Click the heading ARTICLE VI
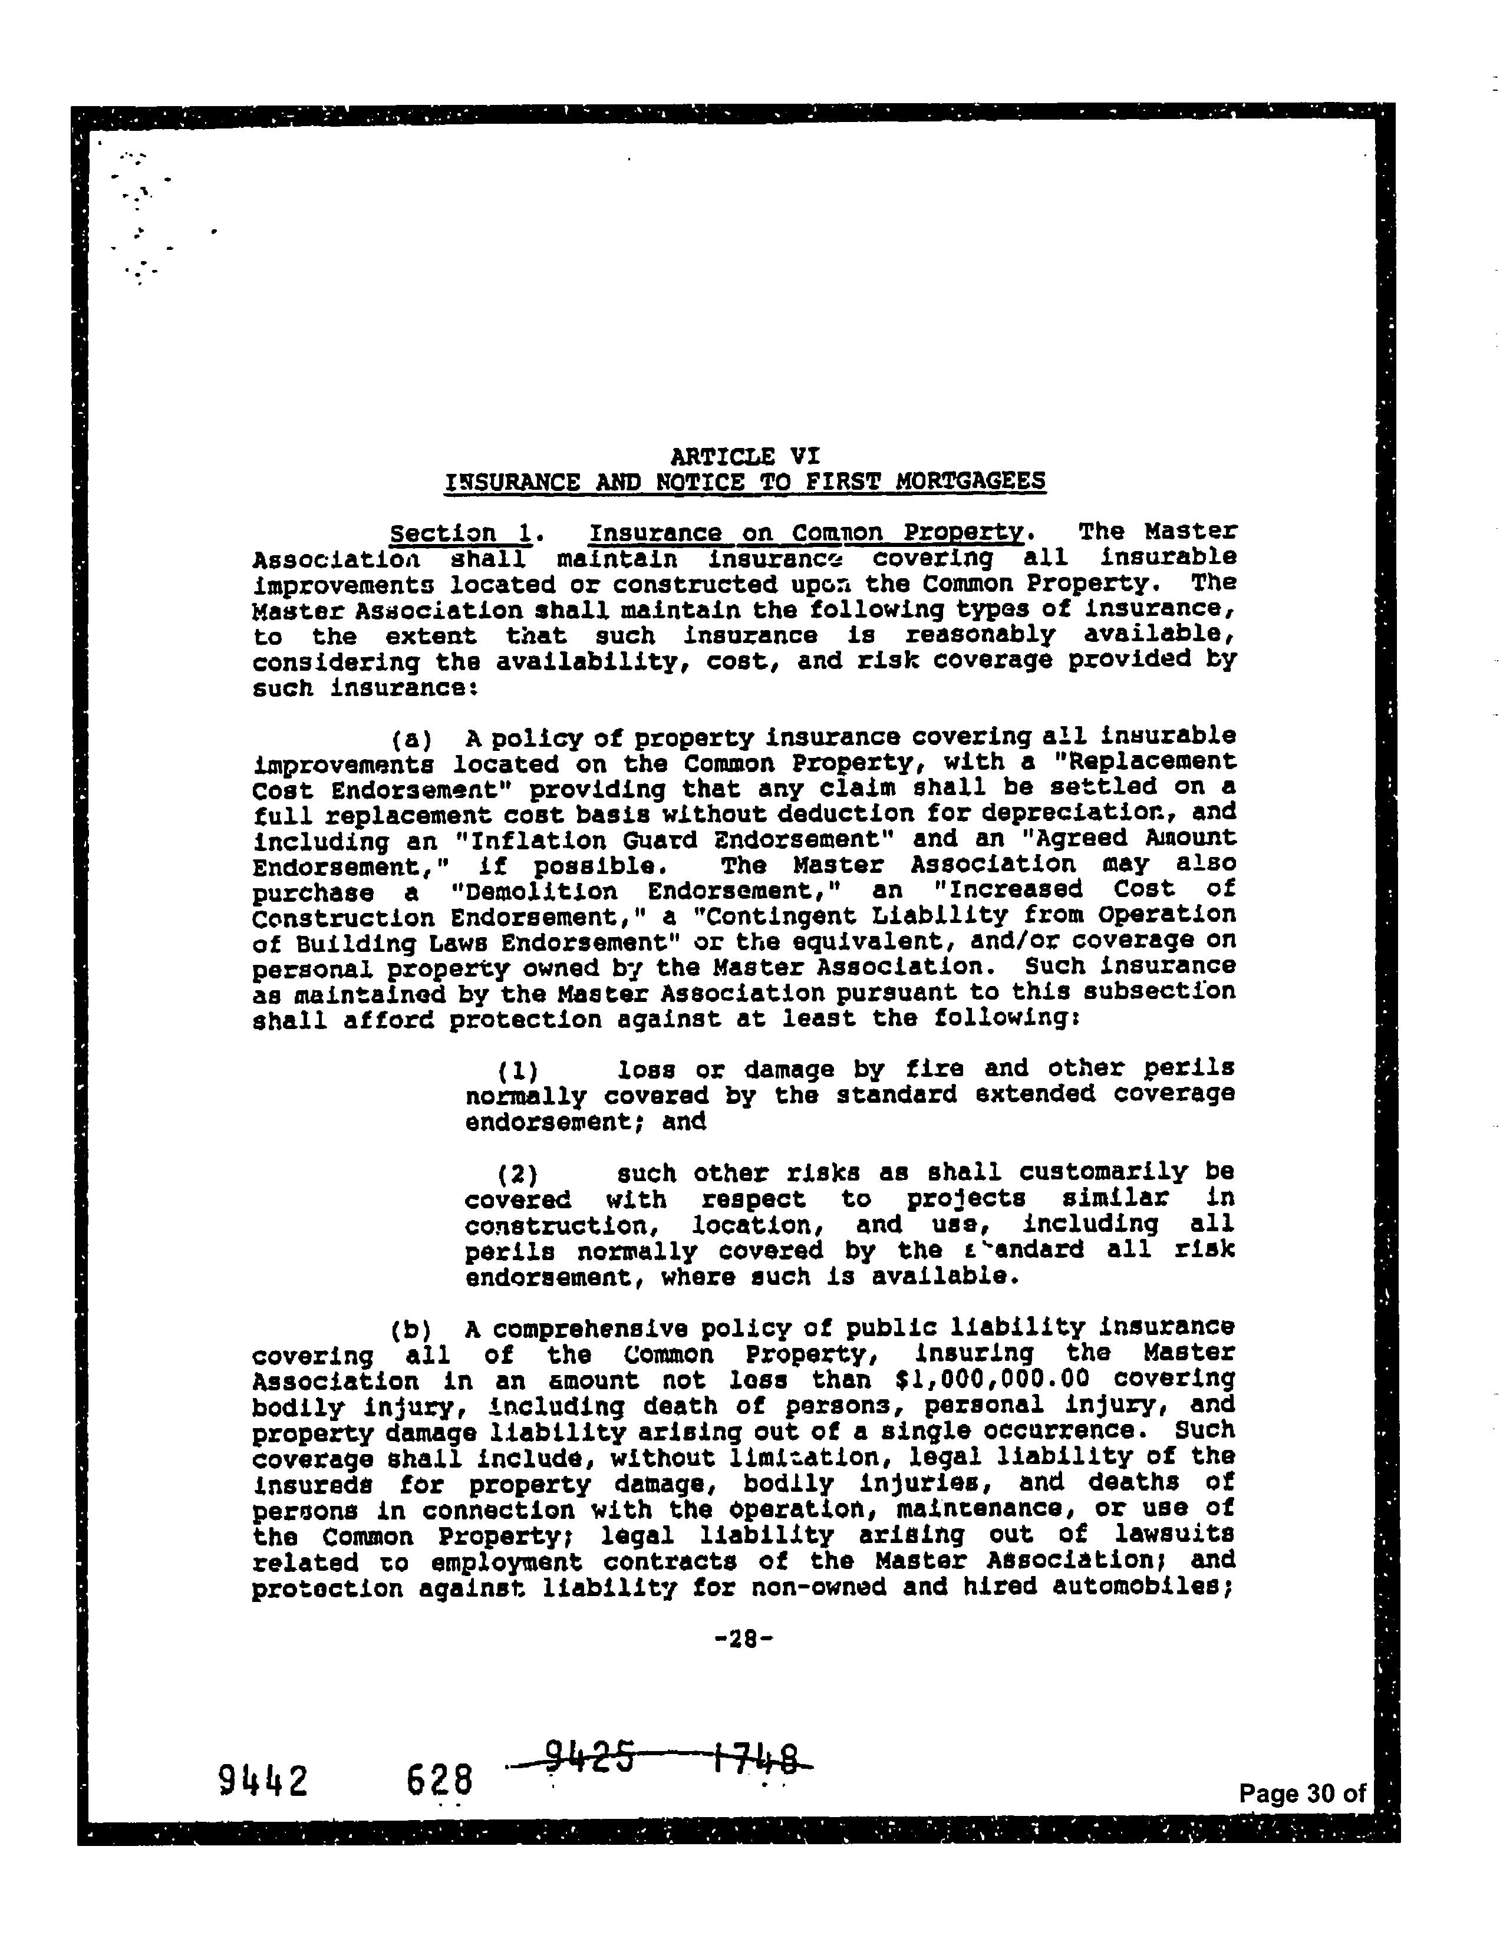(744, 456)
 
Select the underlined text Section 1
(462, 533)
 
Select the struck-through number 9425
(588, 1756)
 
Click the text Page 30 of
(1301, 1794)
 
